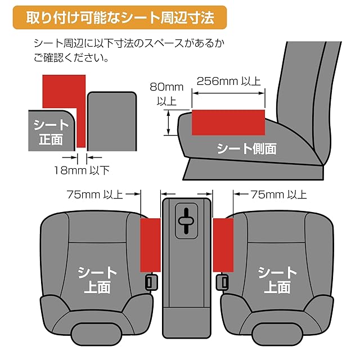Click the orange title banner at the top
click(x=120, y=17)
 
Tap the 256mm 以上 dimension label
click(x=229, y=81)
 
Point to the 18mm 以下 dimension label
click(x=82, y=170)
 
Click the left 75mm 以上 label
click(x=94, y=195)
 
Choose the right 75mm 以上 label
click(x=278, y=195)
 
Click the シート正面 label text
click(x=51, y=132)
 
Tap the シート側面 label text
click(x=247, y=148)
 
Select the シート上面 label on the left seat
click(x=97, y=280)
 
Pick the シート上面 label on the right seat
click(x=277, y=280)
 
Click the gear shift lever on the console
click(x=186, y=221)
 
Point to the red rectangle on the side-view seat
click(x=228, y=123)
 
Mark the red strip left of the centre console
click(x=150, y=245)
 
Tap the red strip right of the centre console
click(x=223, y=245)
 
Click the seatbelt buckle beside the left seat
click(x=151, y=282)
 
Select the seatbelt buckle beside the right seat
click(x=222, y=282)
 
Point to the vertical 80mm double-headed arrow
click(x=169, y=123)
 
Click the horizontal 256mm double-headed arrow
click(x=228, y=93)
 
